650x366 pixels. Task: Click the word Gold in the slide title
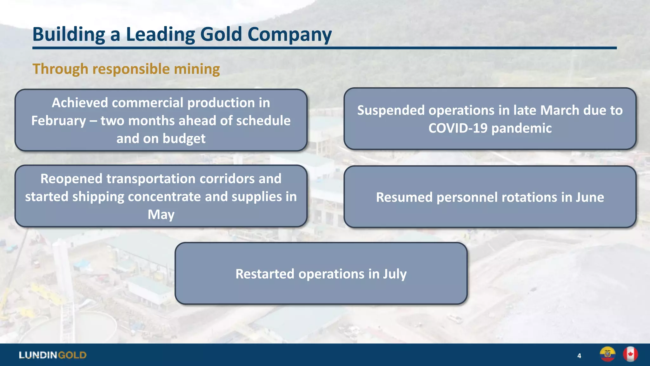221,34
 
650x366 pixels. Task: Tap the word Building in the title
69,34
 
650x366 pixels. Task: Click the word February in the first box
59,121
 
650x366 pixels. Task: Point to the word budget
184,139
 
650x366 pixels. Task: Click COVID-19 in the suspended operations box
458,128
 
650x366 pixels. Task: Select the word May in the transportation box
161,214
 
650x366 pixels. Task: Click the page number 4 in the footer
579,356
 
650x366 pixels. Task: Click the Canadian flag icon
630,354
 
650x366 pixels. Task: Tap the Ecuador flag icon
607,354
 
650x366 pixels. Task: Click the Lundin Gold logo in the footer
53,355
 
